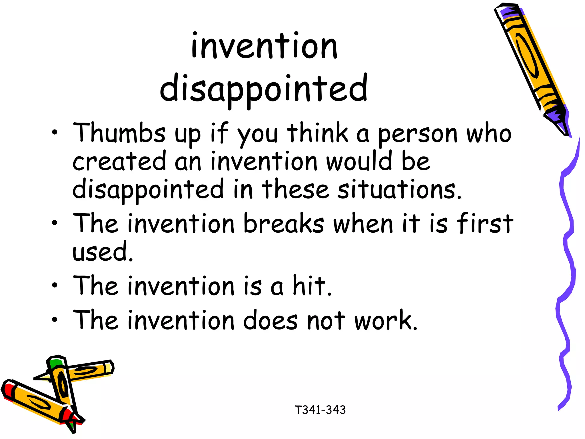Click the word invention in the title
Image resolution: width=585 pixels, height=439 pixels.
(x=264, y=46)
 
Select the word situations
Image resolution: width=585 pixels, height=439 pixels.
(x=399, y=189)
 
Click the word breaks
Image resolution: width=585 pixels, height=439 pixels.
(x=284, y=223)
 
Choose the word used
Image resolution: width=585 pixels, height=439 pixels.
(x=102, y=252)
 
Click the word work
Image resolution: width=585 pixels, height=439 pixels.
(x=386, y=320)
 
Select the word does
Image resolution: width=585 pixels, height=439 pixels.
(x=270, y=320)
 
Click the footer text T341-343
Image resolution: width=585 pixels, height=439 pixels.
(x=320, y=410)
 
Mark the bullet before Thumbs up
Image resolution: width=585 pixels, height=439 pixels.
(x=55, y=133)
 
